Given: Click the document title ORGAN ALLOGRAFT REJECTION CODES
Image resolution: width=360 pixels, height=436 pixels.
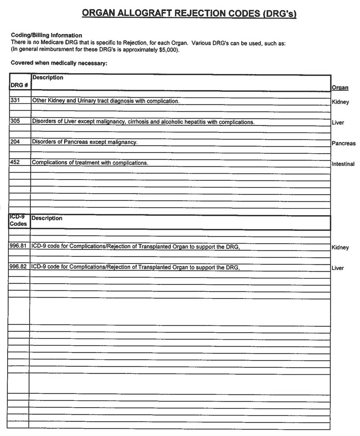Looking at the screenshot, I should click(189, 13).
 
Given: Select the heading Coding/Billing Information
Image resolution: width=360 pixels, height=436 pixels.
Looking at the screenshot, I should click(46, 35).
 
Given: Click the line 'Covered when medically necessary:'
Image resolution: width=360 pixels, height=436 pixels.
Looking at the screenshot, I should click(59, 63).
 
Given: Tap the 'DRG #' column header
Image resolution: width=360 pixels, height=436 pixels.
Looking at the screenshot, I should click(18, 85).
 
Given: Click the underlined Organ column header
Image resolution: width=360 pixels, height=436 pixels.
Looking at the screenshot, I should click(340, 88).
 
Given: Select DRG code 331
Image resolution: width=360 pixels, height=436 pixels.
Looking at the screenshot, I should click(15, 101).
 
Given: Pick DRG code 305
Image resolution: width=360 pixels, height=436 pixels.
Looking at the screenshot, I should click(15, 122).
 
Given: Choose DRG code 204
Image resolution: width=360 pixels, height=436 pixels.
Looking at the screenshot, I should click(15, 142).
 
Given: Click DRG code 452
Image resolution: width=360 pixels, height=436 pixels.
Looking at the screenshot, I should click(15, 163).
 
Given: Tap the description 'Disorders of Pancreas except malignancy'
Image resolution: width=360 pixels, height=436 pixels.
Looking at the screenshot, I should click(84, 142).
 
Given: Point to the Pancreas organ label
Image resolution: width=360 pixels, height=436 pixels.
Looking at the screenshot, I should click(343, 143).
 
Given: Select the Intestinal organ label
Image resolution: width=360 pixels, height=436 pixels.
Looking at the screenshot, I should click(343, 164).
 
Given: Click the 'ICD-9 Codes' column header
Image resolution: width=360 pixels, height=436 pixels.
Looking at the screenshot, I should click(18, 220).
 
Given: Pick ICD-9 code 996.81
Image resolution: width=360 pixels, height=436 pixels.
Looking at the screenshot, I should click(18, 246).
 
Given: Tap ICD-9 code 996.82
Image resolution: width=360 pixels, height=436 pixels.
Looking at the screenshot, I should click(18, 267).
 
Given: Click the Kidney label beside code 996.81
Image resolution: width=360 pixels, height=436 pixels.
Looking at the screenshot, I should click(340, 248).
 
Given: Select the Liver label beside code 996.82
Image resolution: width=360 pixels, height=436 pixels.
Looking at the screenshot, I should click(338, 268).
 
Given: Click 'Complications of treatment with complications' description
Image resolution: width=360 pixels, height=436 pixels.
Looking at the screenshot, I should click(90, 163).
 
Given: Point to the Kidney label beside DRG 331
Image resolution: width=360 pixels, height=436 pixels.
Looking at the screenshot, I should click(340, 102).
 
